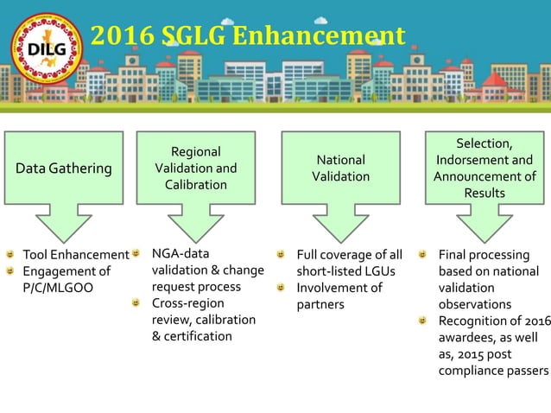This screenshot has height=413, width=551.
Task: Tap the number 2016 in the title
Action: click(x=120, y=36)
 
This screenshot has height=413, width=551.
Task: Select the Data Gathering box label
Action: click(x=68, y=168)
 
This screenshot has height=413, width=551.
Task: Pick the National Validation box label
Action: click(x=340, y=168)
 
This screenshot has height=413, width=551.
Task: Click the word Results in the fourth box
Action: click(x=484, y=193)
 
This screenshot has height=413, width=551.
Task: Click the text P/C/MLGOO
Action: click(x=56, y=288)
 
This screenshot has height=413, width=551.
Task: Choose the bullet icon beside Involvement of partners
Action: click(x=281, y=288)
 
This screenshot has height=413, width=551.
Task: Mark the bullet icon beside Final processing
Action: click(x=422, y=255)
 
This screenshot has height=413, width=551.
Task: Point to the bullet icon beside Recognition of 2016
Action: click(x=422, y=321)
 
